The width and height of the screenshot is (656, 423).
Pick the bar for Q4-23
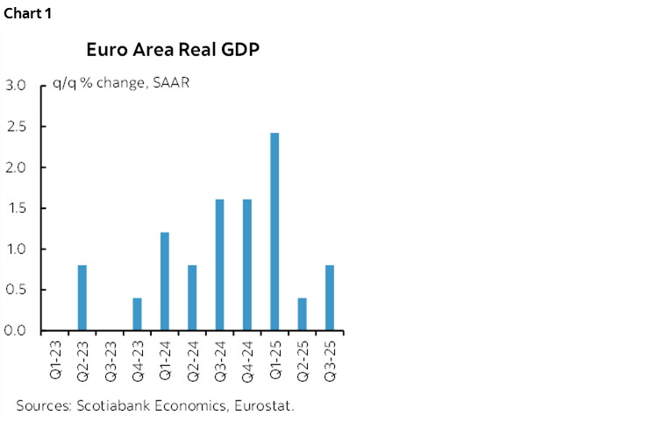[x=138, y=314]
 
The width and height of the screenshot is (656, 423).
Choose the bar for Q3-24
[x=219, y=265]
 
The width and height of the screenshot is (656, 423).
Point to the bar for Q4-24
[x=247, y=265]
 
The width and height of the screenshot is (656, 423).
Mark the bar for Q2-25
[x=303, y=314]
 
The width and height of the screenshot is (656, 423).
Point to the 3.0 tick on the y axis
[x=15, y=86]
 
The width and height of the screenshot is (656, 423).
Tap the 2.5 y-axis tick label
[x=15, y=127]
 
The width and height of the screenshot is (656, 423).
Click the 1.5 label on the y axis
[x=15, y=208]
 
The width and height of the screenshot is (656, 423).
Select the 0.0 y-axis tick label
[x=15, y=331]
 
